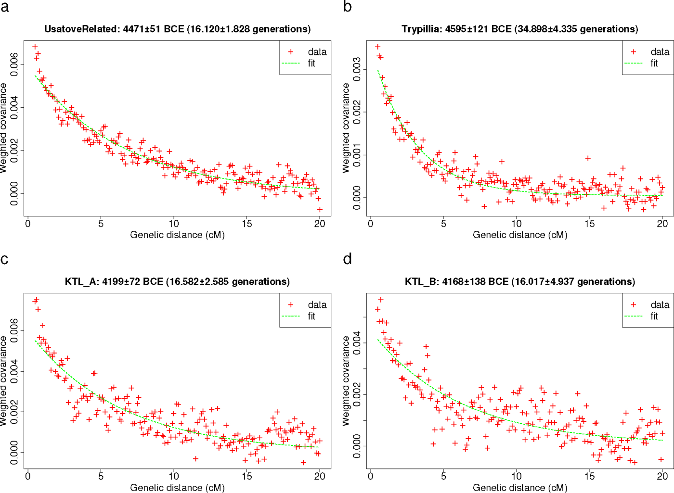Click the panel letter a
(x=4, y=7)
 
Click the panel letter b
(x=347, y=6)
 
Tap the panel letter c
(x=4, y=259)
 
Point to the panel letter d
(x=347, y=258)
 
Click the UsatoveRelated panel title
(x=178, y=29)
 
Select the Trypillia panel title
(x=520, y=29)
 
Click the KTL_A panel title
(x=177, y=282)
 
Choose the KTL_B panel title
(x=520, y=282)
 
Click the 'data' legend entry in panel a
(x=317, y=52)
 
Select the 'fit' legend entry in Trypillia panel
(x=654, y=63)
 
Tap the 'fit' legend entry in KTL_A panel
(x=311, y=316)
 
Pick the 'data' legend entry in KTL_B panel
(x=660, y=304)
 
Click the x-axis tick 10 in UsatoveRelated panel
(x=174, y=224)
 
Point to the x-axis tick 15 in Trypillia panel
(x=589, y=224)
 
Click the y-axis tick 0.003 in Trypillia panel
(x=357, y=69)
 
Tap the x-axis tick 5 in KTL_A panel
(x=101, y=476)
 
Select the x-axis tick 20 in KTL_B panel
(x=662, y=476)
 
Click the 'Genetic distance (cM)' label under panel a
(x=177, y=235)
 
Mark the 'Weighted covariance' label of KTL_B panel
(x=346, y=381)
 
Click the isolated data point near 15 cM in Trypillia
(x=588, y=158)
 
